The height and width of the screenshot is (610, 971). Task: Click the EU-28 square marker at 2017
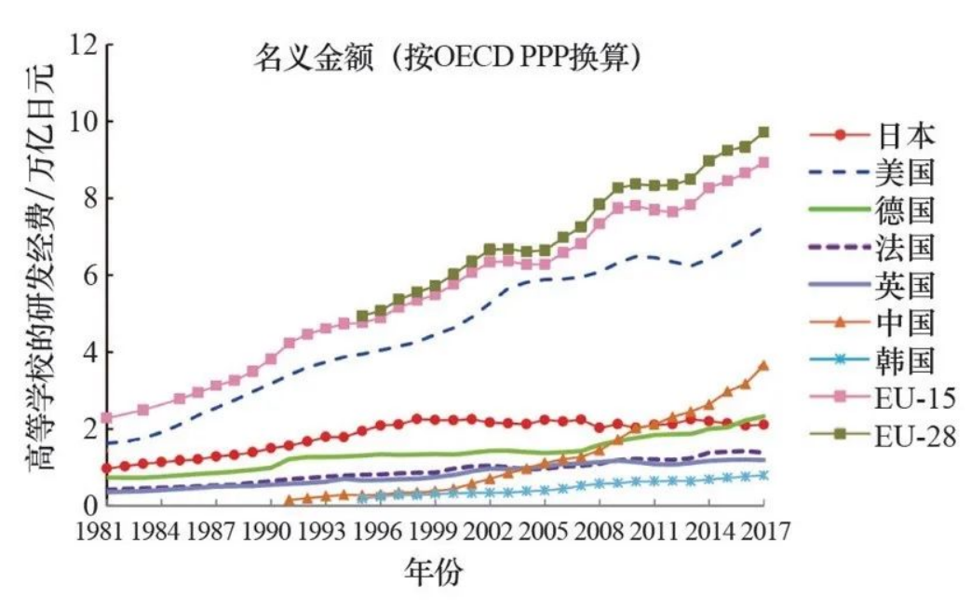pos(763,132)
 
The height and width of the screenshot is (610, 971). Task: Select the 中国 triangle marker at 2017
pos(763,366)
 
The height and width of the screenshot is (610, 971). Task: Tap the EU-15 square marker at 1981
pos(108,418)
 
